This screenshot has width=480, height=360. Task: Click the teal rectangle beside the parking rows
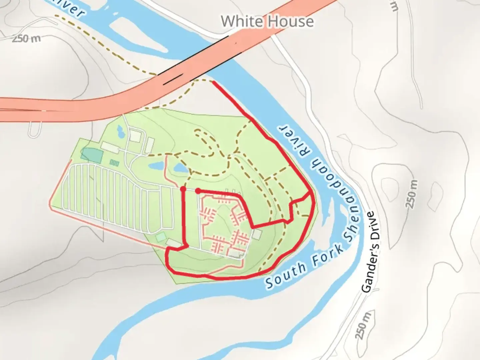point(92,155)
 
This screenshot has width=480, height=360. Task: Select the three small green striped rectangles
point(114,163)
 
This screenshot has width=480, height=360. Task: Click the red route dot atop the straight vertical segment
point(183,189)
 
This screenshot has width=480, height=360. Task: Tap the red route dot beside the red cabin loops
point(198,191)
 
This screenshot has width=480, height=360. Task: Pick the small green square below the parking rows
point(161,237)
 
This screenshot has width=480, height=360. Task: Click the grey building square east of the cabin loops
point(257,234)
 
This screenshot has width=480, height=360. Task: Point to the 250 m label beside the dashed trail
point(26,39)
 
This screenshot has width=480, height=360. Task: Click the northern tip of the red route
point(213,82)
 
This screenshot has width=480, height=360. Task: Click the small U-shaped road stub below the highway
point(34,130)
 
